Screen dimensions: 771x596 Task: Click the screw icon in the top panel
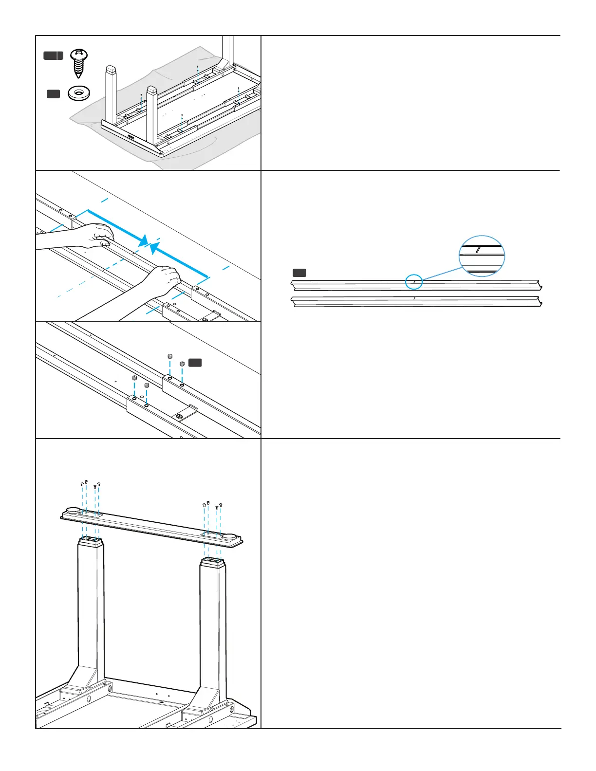pyautogui.click(x=78, y=63)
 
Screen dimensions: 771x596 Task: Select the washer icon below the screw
pyautogui.click(x=79, y=93)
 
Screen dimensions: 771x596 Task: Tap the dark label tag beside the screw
pyautogui.click(x=54, y=55)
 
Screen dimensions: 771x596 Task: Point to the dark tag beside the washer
pyautogui.click(x=53, y=93)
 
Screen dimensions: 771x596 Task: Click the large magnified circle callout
pyautogui.click(x=482, y=256)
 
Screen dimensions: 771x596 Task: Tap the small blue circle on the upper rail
pyautogui.click(x=414, y=282)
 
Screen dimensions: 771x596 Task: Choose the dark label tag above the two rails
pyautogui.click(x=299, y=273)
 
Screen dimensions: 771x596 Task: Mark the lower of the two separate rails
pyautogui.click(x=416, y=302)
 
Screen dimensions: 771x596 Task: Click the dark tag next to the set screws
pyautogui.click(x=195, y=363)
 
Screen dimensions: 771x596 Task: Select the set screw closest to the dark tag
pyautogui.click(x=182, y=364)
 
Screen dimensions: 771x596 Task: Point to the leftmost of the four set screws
pyautogui.click(x=134, y=378)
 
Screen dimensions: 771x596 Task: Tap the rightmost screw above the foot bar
pyautogui.click(x=221, y=505)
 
